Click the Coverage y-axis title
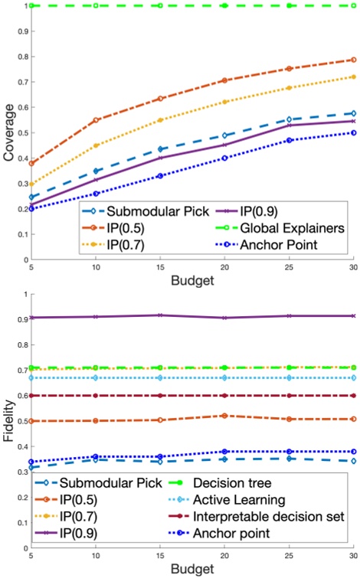8,136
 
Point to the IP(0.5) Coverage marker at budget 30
352,60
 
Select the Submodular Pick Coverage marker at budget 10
96,171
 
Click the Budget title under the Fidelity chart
192,570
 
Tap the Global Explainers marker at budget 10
96,5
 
